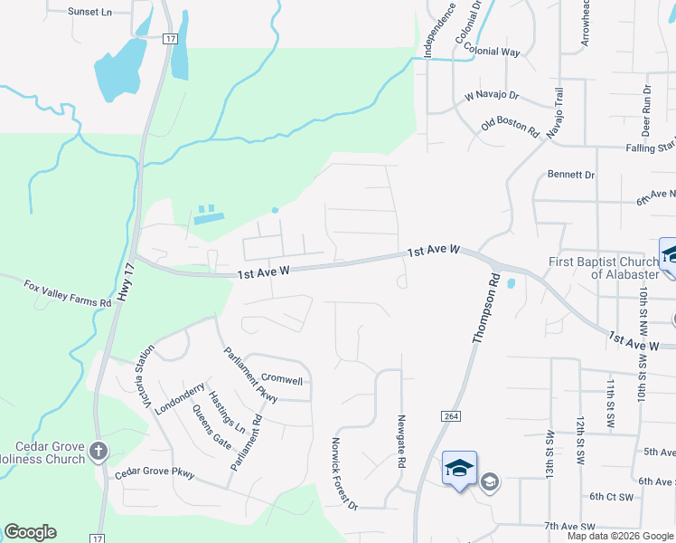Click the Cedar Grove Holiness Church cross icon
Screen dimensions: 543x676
tap(99, 450)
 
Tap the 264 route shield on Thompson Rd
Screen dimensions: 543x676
tap(449, 415)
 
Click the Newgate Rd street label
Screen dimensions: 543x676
tap(401, 442)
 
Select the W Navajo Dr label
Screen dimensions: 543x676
tap(492, 94)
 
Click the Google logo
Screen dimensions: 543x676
tap(30, 532)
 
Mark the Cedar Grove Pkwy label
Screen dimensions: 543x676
tap(155, 473)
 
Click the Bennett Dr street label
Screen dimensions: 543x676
tap(571, 175)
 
